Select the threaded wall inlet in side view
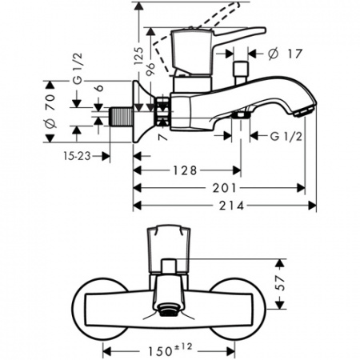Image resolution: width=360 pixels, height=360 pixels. (x=118, y=115)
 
